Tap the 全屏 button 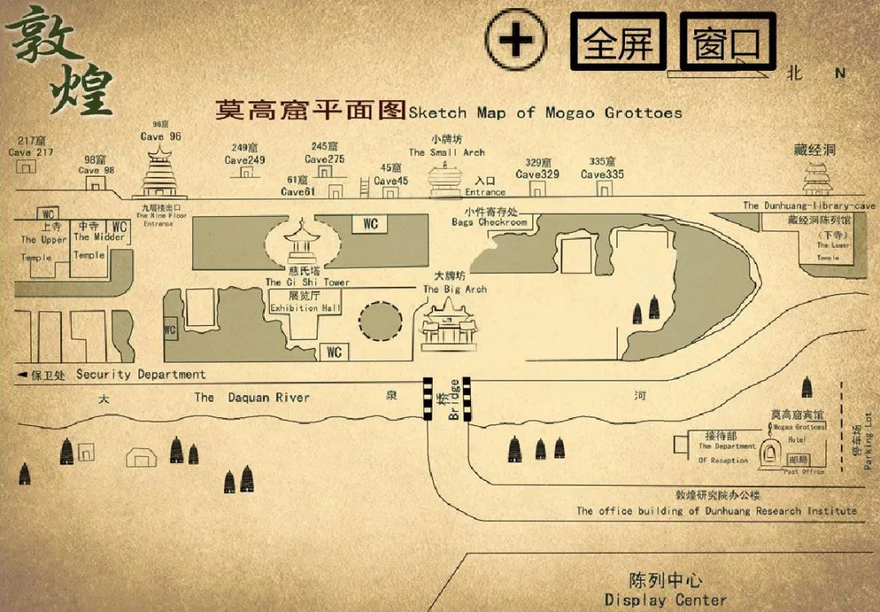coord(618,42)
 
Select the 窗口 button coord(726,42)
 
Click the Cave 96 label coord(161,136)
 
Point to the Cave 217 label coord(31,152)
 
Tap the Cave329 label coord(537,174)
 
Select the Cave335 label coord(602,174)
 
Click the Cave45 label coord(391,181)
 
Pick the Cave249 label coord(245,161)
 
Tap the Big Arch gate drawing coord(447,326)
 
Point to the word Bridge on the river coord(454,400)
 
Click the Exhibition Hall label coord(306,309)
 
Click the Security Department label coord(140,375)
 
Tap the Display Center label coord(665,600)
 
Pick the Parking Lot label coord(868,441)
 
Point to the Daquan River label coord(252,398)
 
